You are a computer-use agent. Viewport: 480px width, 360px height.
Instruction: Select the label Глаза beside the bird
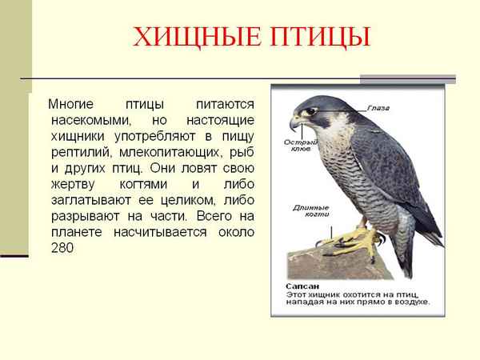coord(380,106)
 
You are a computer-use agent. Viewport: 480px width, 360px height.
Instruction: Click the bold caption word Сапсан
coord(302,285)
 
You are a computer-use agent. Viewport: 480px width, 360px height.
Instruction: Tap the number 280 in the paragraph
coord(61,248)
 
